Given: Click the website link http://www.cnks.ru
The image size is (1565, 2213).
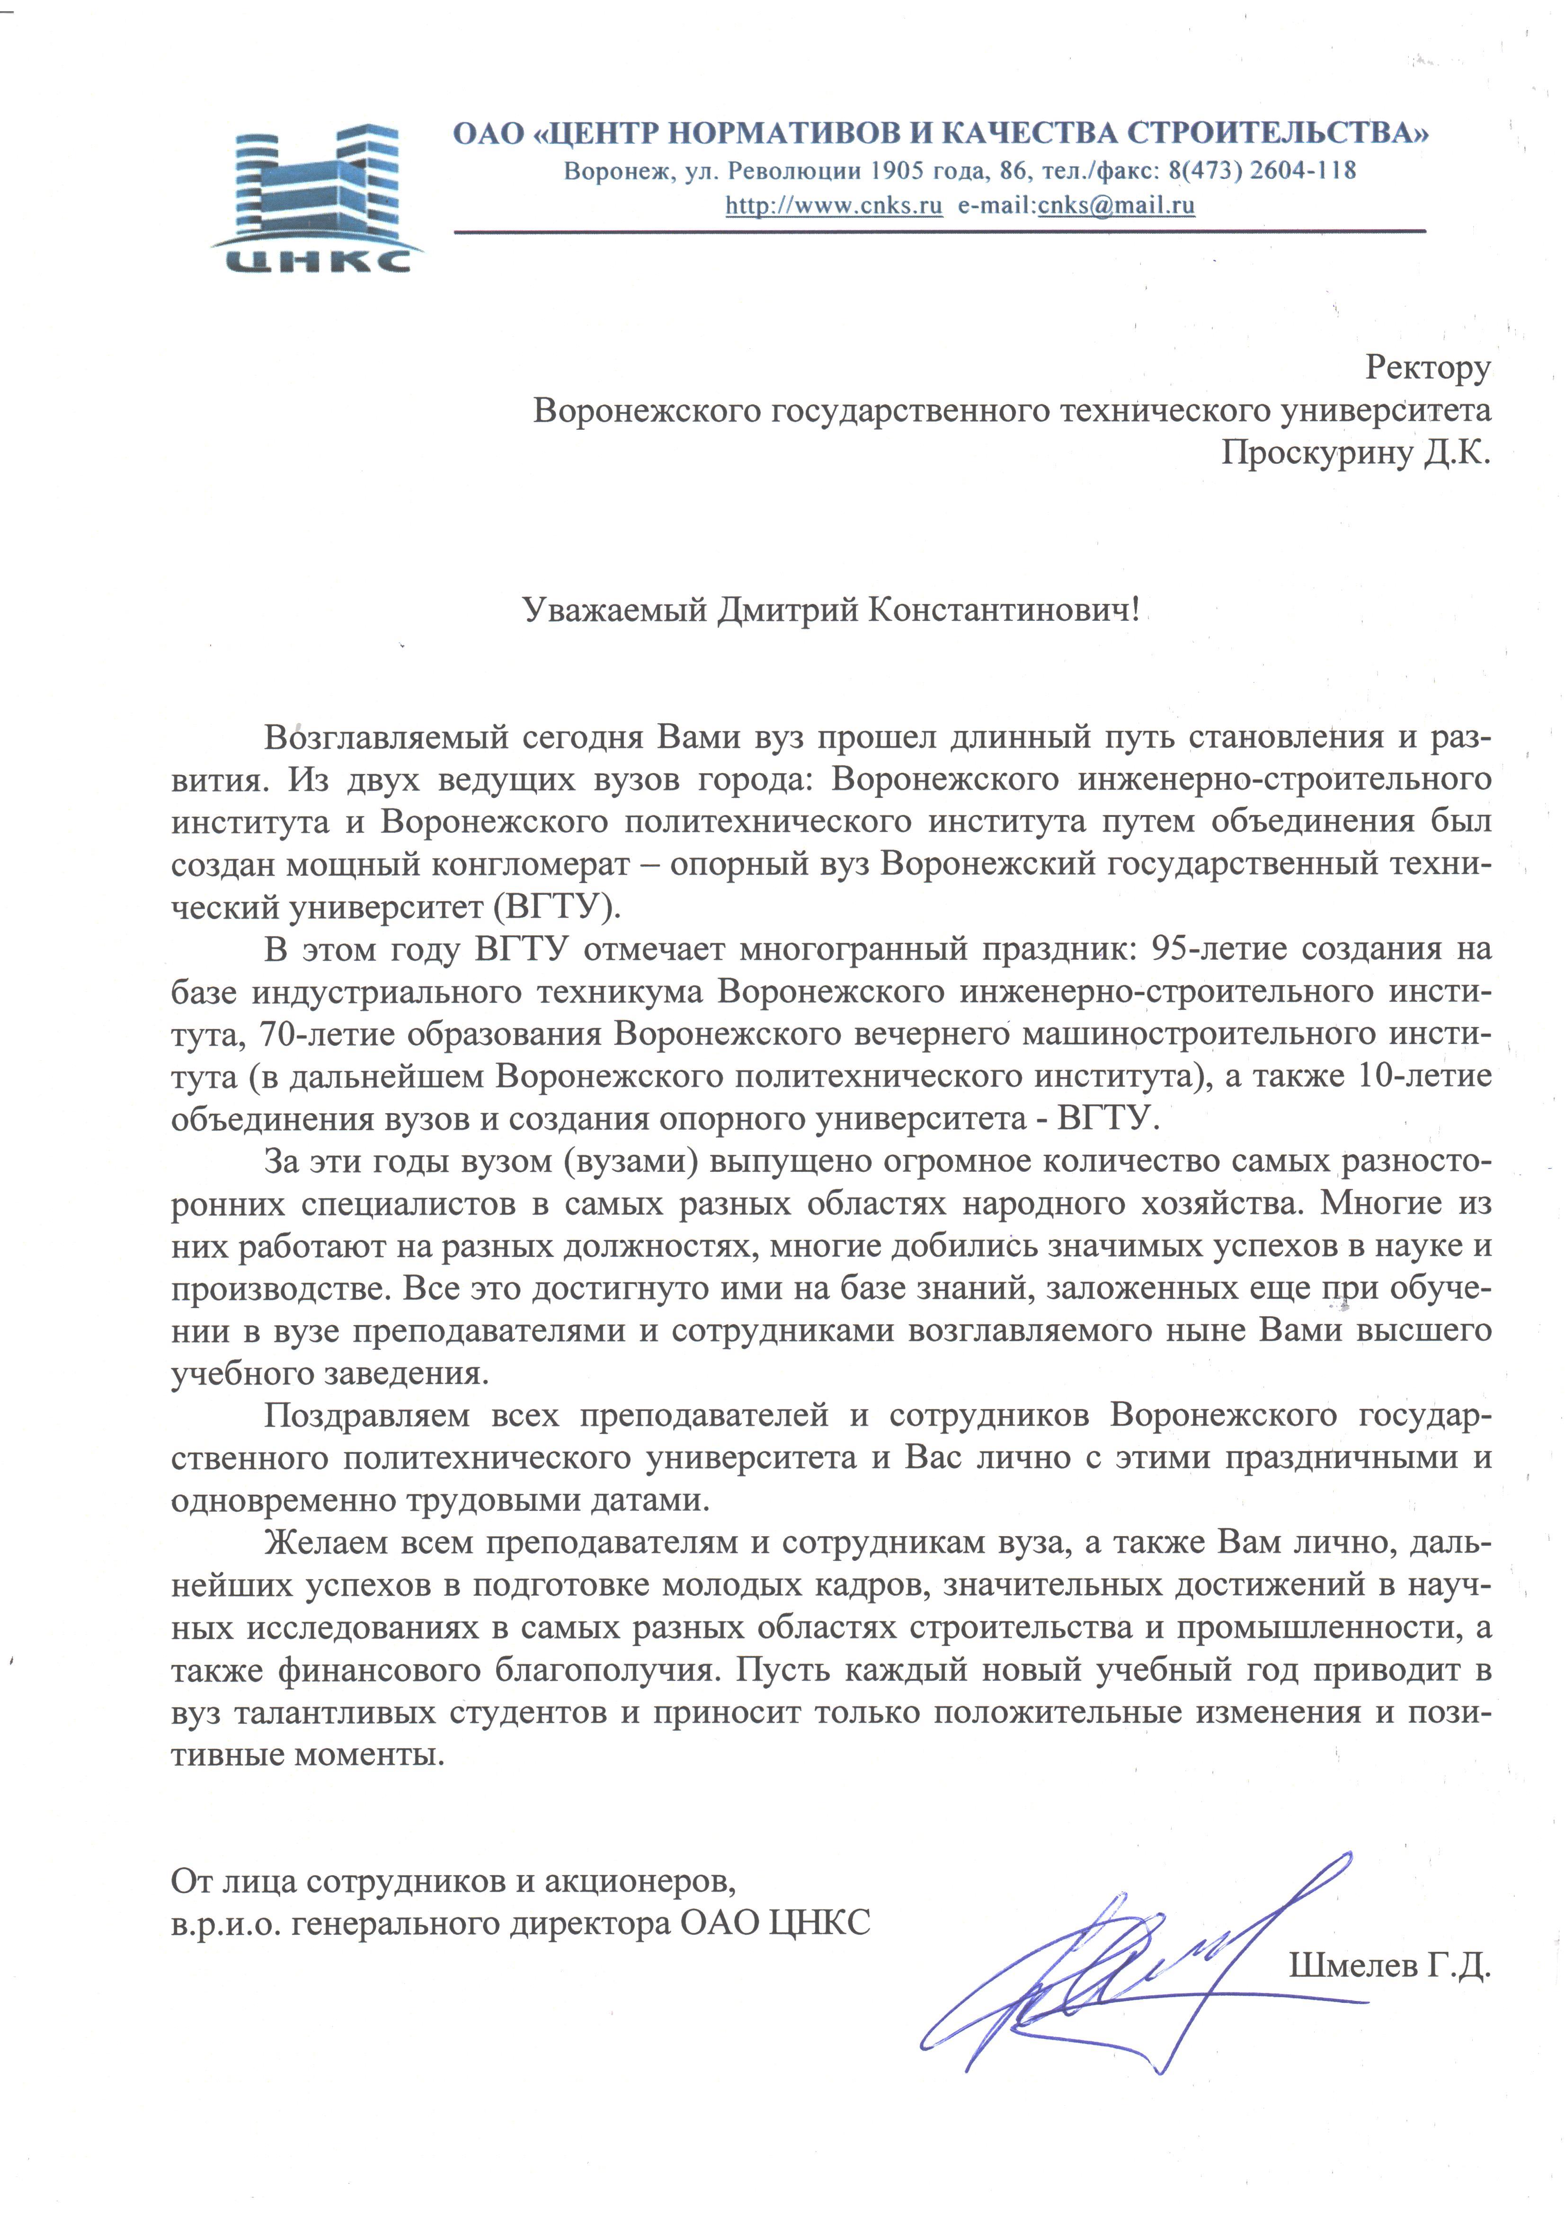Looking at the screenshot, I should pyautogui.click(x=833, y=205).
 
